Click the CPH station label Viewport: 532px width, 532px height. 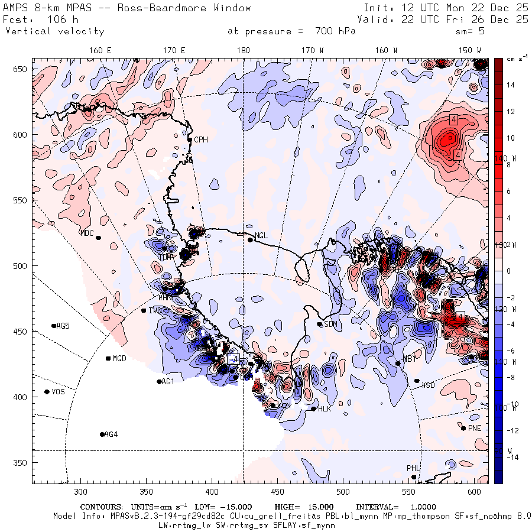point(202,140)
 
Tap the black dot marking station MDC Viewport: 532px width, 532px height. point(98,238)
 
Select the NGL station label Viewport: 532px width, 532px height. point(261,236)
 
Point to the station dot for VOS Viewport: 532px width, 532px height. point(47,392)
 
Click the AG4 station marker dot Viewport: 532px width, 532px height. point(102,434)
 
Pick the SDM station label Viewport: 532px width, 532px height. point(330,324)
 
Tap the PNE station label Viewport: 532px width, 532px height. point(475,429)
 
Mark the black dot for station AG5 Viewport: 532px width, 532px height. point(54,326)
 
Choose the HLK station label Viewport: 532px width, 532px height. point(325,409)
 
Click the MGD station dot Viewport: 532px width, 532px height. point(108,358)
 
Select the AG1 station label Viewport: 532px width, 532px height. point(168,382)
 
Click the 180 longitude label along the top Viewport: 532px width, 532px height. point(243,51)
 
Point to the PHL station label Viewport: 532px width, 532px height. point(413,468)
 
